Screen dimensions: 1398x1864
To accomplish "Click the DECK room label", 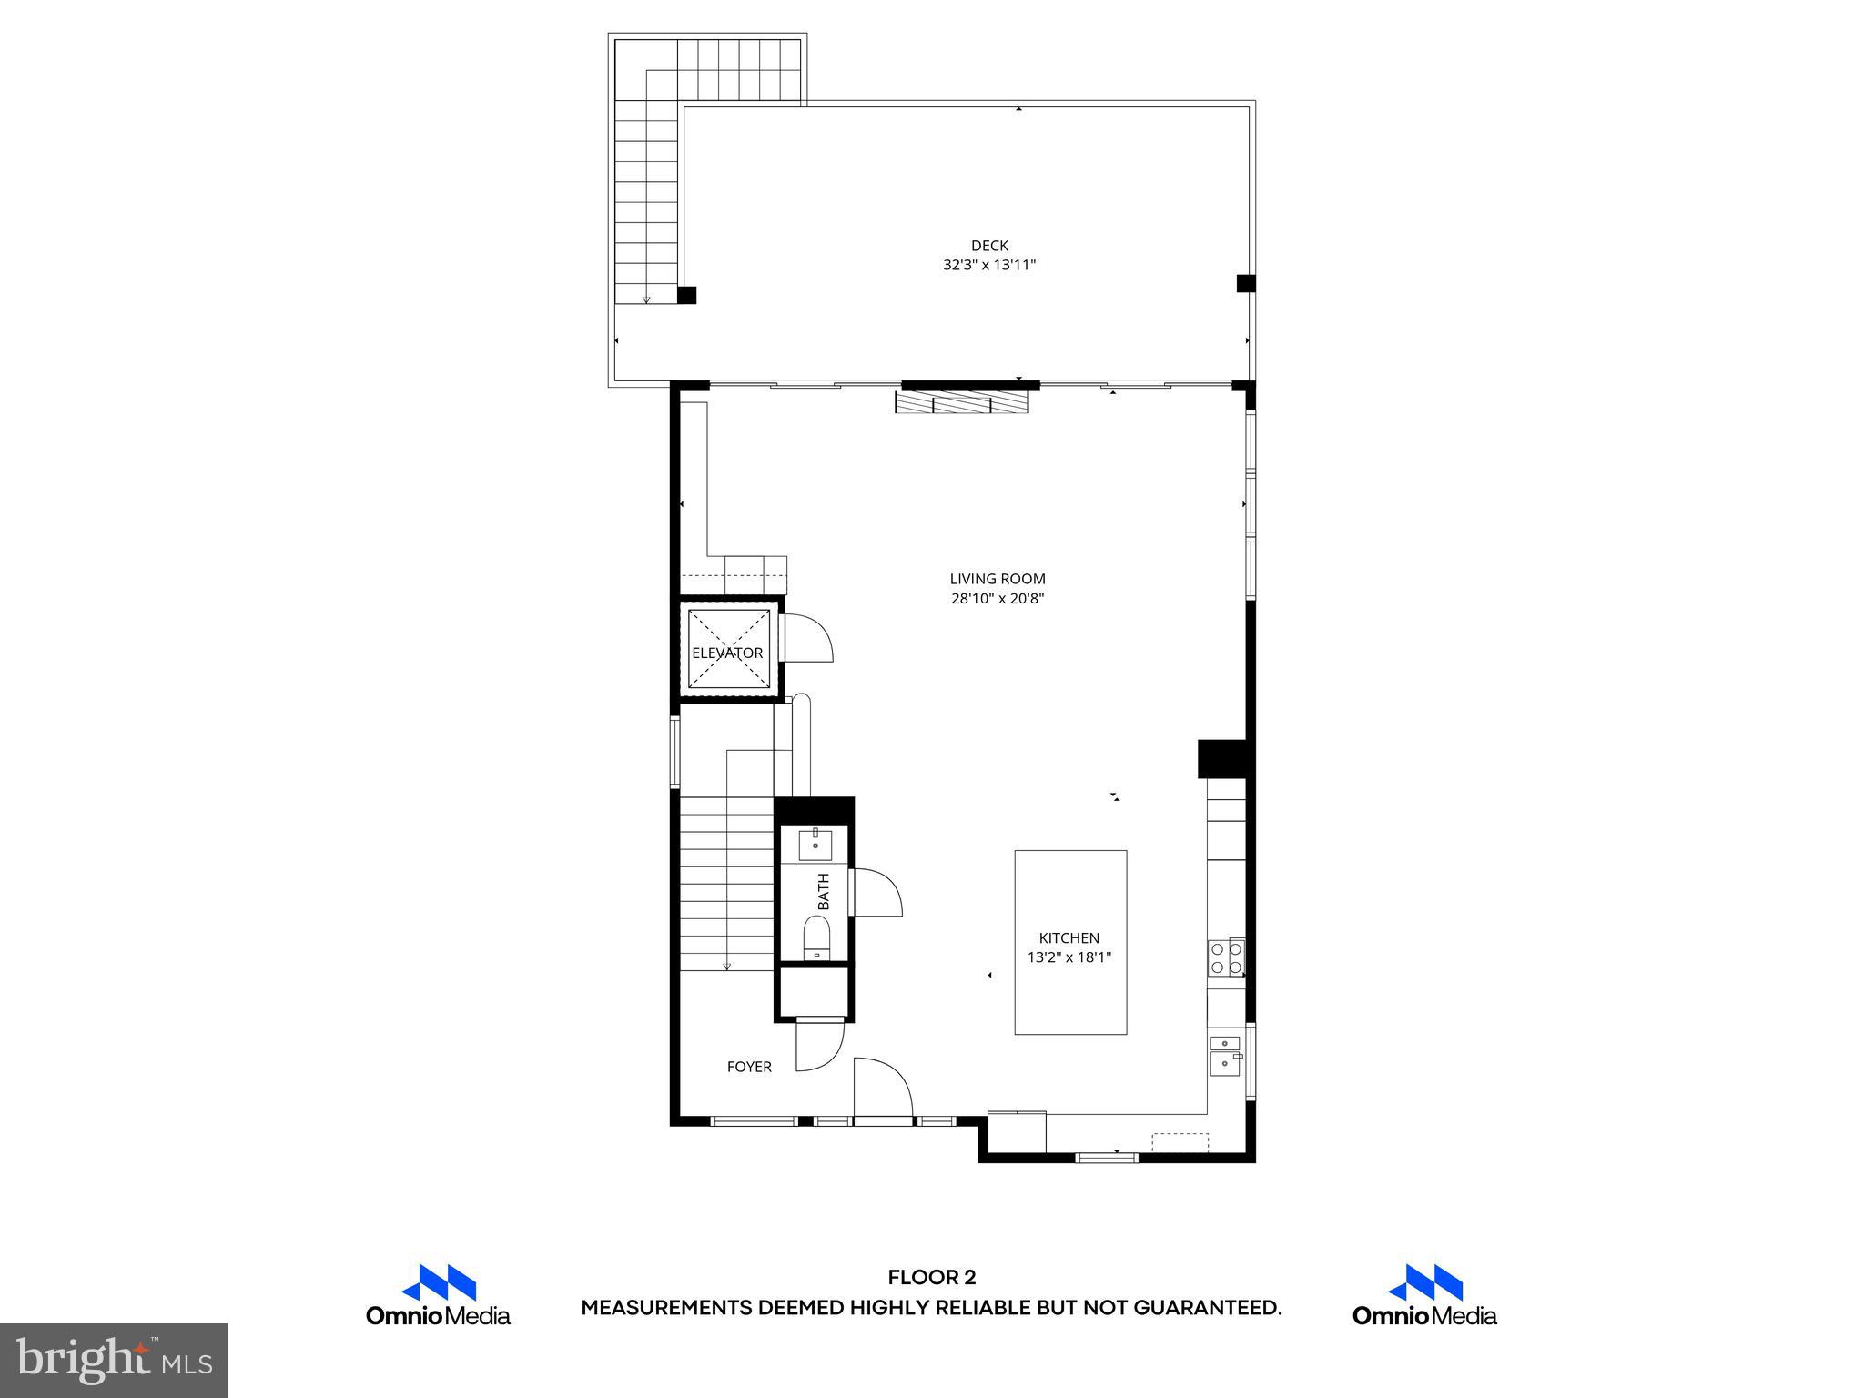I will tap(989, 246).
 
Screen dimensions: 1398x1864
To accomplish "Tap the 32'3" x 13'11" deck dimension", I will tap(989, 266).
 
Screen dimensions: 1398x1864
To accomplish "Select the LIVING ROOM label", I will tap(998, 579).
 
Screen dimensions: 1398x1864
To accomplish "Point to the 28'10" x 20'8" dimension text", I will tap(998, 599).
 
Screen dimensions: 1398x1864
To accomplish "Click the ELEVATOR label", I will tap(727, 653).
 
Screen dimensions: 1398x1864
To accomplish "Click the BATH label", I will tap(824, 892).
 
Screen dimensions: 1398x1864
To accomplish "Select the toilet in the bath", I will tap(816, 937).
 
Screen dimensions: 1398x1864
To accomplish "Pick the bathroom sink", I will tap(815, 845).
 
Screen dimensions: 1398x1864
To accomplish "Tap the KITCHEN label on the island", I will tap(1069, 938).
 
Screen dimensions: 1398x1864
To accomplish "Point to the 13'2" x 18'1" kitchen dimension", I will tap(1069, 957).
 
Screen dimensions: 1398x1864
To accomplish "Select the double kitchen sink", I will tap(1225, 1053).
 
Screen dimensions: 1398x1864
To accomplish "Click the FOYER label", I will tap(749, 1067).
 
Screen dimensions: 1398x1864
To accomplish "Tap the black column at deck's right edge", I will tap(1246, 283).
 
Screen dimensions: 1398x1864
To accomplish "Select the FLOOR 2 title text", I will tap(931, 1278).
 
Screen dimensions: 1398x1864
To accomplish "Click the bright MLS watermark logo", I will tap(114, 1360).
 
